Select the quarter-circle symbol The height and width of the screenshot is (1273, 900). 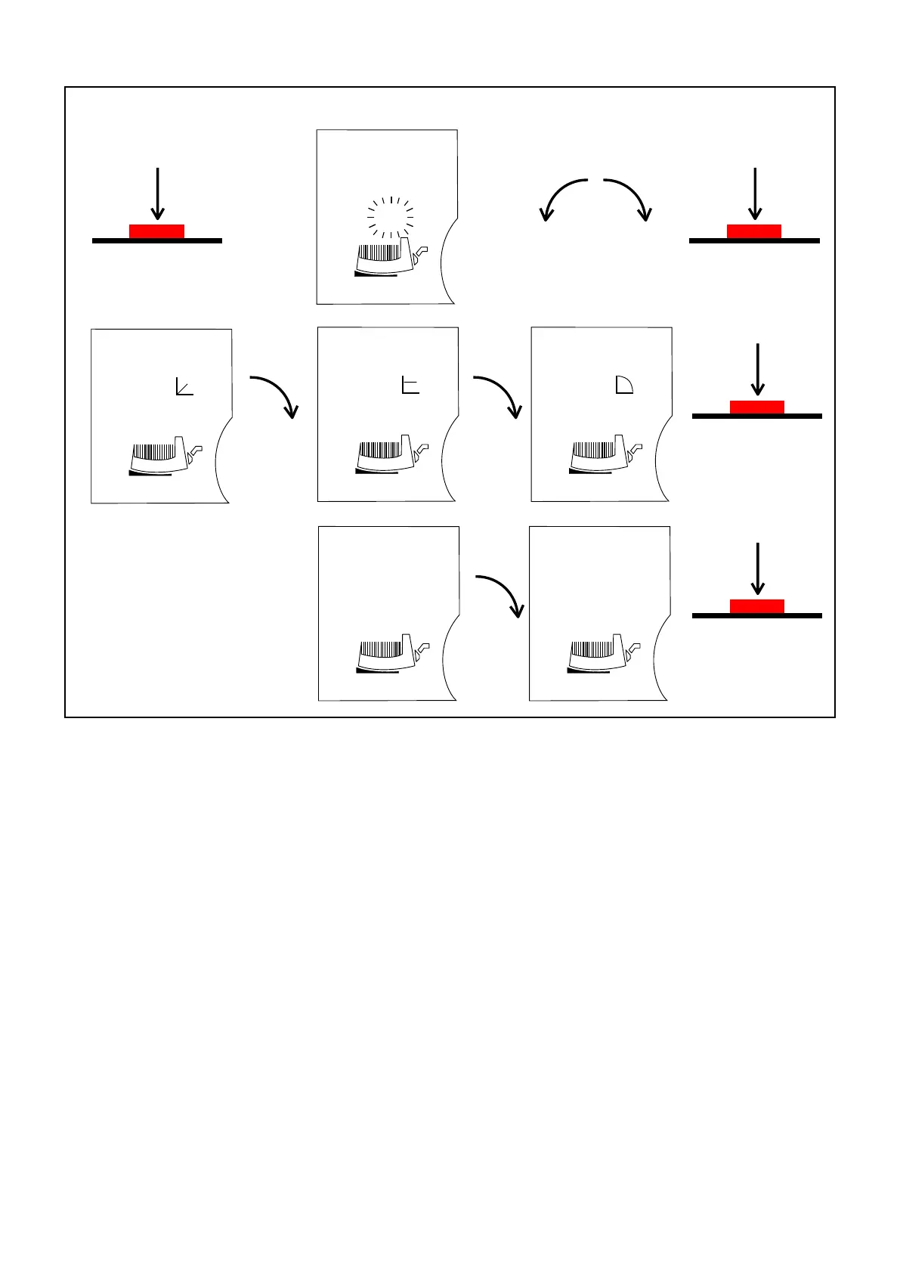tap(623, 385)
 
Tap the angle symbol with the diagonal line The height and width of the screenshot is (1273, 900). tap(184, 386)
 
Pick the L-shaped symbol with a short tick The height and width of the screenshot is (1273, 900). tap(410, 386)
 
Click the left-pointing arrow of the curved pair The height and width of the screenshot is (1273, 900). tap(562, 198)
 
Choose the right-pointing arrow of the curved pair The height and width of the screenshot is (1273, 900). tap(629, 198)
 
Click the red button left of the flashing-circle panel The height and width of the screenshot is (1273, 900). tap(156, 231)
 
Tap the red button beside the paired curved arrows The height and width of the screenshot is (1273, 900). tap(753, 231)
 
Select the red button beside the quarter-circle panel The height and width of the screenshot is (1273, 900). tap(756, 407)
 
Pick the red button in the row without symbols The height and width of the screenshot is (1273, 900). tap(756, 606)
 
